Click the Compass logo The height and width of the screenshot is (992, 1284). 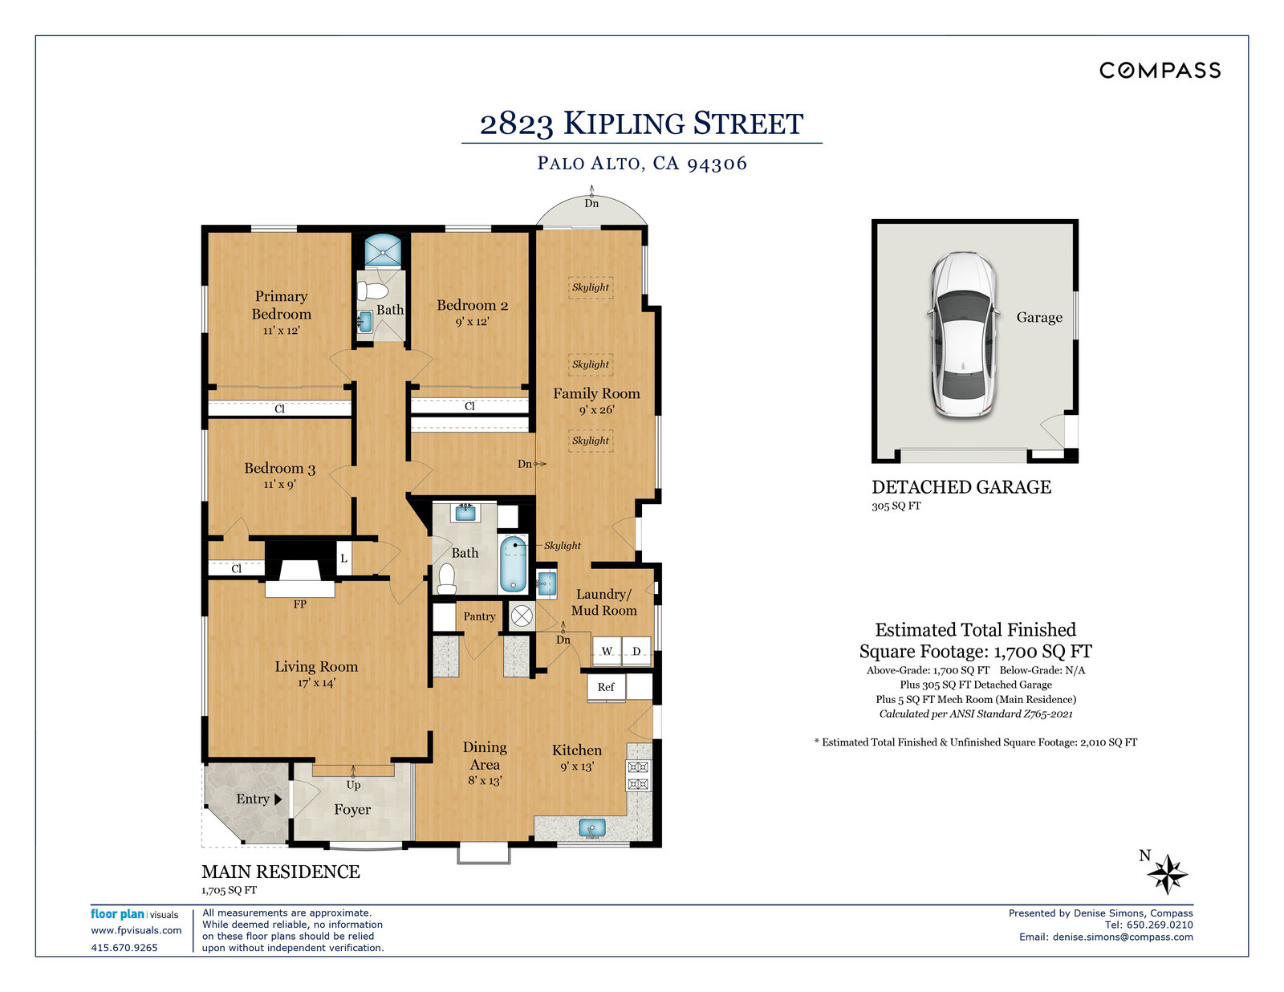pos(1160,71)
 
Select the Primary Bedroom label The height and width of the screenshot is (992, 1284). pos(281,305)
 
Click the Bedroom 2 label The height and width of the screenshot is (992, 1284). pos(472,305)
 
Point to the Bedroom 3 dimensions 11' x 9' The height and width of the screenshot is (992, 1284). pos(279,485)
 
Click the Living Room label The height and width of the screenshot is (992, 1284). pos(316,666)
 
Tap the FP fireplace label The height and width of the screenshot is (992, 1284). pos(299,604)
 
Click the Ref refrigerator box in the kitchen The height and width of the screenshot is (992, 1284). pos(606,688)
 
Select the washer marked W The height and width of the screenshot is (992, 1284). pos(607,651)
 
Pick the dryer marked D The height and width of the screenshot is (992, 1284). pos(636,651)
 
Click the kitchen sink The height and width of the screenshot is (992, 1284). pos(592,827)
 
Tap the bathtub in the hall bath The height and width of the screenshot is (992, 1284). pos(513,563)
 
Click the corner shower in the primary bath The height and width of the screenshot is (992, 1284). pos(383,250)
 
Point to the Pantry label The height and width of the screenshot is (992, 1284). pos(479,616)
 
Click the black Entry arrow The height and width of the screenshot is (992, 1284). pos(278,799)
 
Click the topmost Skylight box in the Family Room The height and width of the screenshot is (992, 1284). pos(591,287)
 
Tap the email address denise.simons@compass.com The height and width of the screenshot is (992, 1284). pos(1123,937)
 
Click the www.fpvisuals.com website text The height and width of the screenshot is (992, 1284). pos(136,930)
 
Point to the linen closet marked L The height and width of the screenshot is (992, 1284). pos(344,559)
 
